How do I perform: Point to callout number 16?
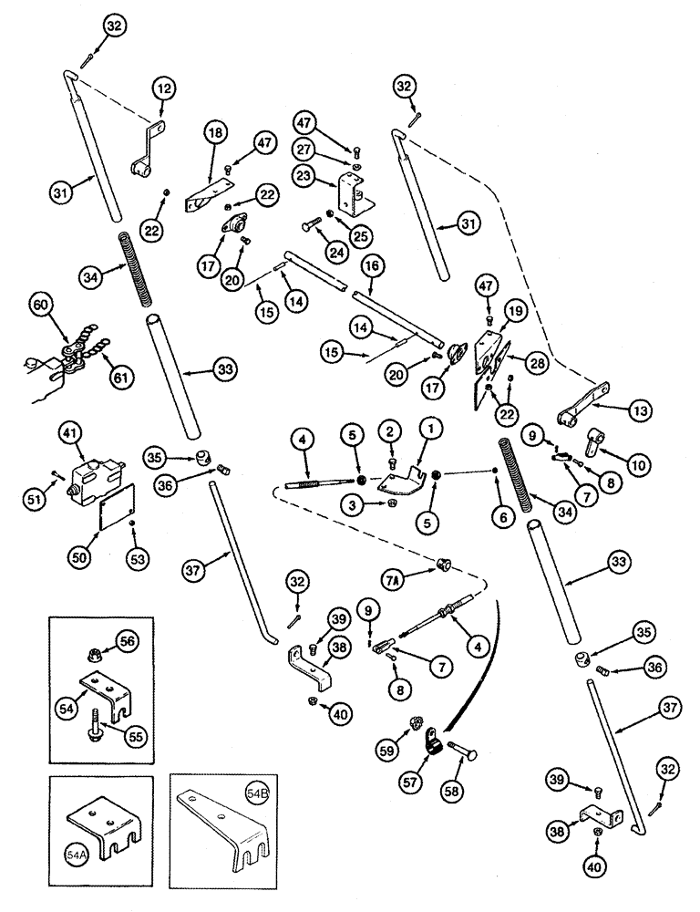[x=370, y=265]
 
